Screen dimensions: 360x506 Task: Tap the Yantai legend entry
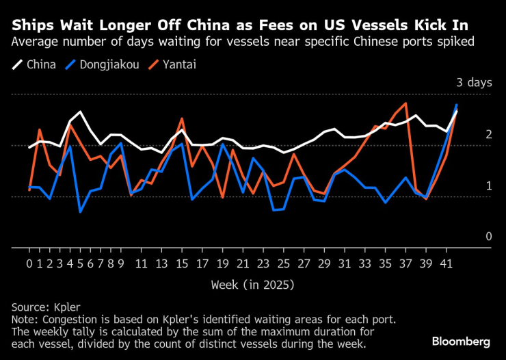(x=175, y=65)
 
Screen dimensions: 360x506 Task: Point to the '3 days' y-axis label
(x=474, y=83)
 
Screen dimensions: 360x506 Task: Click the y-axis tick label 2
(x=489, y=135)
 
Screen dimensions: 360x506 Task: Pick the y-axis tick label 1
(x=489, y=186)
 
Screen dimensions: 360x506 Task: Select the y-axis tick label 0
(x=489, y=237)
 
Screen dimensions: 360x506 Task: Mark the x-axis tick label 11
(x=141, y=263)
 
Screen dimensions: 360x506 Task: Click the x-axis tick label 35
(x=384, y=263)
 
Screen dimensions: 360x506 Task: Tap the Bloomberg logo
(x=461, y=341)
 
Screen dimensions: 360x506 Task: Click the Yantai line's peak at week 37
(x=406, y=104)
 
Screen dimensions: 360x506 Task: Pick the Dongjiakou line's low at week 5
(x=80, y=211)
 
